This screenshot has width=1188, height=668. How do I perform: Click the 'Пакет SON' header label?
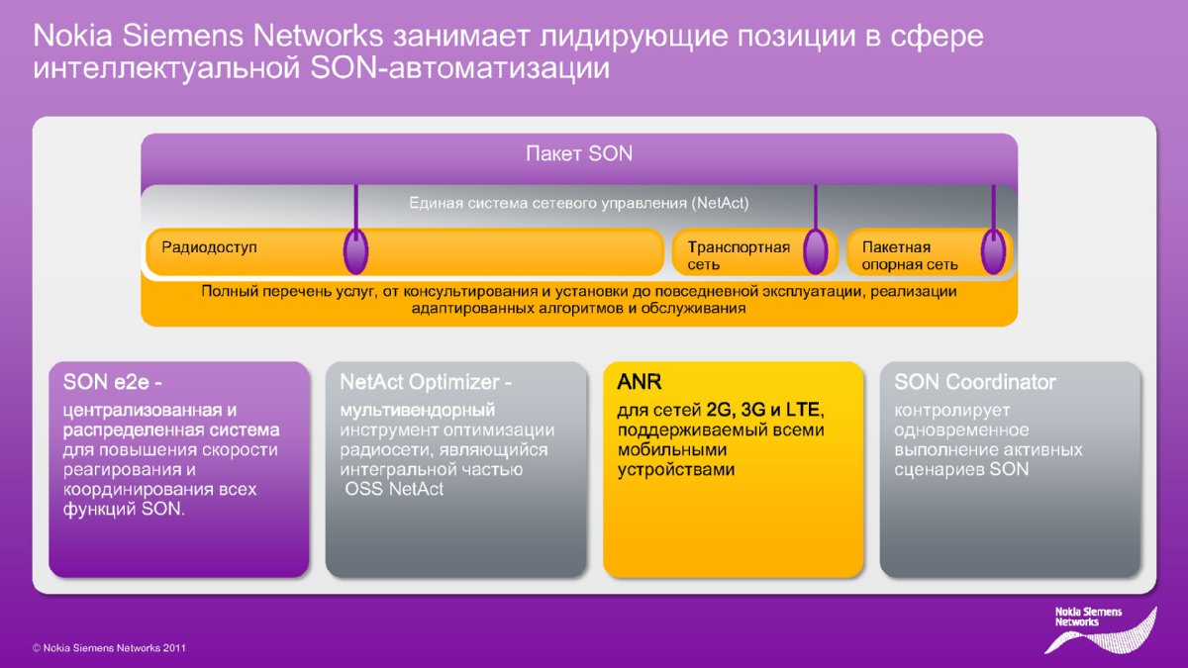pyautogui.click(x=579, y=153)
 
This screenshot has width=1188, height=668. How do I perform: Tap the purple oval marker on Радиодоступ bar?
pyautogui.click(x=355, y=251)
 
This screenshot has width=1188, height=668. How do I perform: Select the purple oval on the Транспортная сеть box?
pyautogui.click(x=816, y=251)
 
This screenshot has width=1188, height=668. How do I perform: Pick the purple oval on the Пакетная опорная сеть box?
pyautogui.click(x=993, y=251)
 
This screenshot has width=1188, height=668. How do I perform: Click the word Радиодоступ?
pyautogui.click(x=209, y=247)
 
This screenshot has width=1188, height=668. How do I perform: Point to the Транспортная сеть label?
pyautogui.click(x=739, y=255)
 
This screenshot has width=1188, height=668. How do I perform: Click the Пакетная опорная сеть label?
pyautogui.click(x=910, y=255)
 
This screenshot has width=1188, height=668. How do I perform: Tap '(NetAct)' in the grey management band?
pyautogui.click(x=720, y=203)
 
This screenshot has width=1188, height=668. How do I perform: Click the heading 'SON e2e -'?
pyautogui.click(x=113, y=382)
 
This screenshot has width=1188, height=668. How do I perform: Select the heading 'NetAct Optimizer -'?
pyautogui.click(x=426, y=382)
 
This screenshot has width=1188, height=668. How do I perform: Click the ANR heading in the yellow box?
pyautogui.click(x=640, y=382)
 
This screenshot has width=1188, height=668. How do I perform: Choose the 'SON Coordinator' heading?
pyautogui.click(x=975, y=382)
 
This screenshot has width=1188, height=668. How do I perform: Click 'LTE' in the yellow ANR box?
pyautogui.click(x=803, y=410)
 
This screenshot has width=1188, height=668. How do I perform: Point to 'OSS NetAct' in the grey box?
pyautogui.click(x=394, y=489)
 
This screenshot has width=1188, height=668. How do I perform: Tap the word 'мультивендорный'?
pyautogui.click(x=418, y=411)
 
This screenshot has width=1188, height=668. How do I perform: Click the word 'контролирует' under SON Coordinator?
pyautogui.click(x=952, y=411)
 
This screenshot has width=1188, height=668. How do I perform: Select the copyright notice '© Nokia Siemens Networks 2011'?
pyautogui.click(x=109, y=648)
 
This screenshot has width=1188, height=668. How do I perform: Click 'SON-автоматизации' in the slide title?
pyautogui.click(x=459, y=68)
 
